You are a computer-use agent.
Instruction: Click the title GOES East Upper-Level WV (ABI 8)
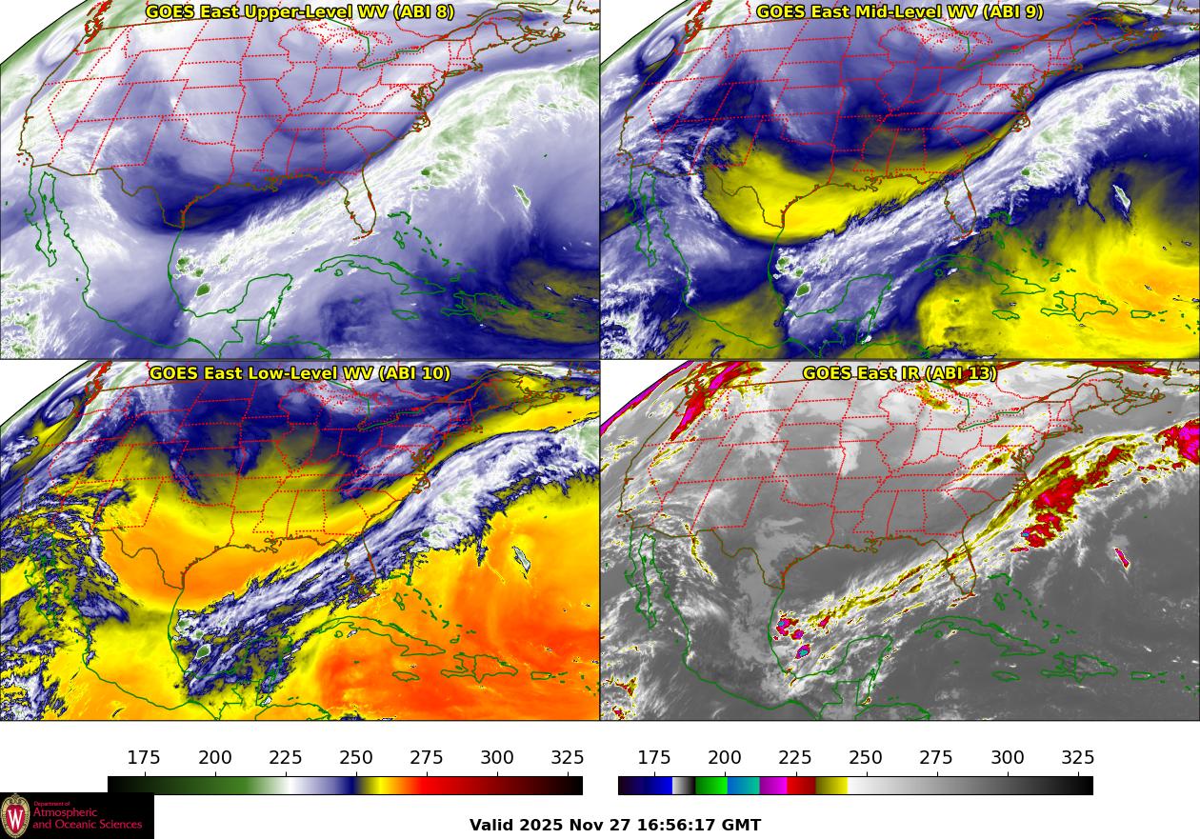point(300,12)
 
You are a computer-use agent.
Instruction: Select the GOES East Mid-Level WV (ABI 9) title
point(900,12)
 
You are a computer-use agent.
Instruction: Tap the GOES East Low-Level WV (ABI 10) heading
point(300,373)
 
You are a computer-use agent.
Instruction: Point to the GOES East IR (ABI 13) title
point(900,373)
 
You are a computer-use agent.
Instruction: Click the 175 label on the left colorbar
point(144,758)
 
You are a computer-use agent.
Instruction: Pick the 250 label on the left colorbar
point(356,758)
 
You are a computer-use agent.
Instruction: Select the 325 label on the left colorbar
point(568,758)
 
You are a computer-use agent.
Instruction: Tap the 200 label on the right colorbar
point(725,758)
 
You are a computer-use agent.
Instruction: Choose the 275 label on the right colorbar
point(936,758)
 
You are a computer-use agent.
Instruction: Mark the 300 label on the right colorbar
point(1008,758)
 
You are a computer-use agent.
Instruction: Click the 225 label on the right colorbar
point(795,758)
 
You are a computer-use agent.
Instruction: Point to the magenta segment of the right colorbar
point(773,786)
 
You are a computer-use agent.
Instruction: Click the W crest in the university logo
point(15,817)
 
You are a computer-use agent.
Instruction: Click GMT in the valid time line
point(743,826)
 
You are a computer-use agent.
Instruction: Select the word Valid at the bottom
point(492,826)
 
